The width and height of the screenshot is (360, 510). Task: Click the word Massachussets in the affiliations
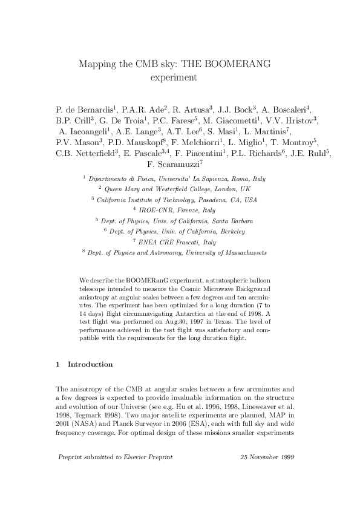click(240, 252)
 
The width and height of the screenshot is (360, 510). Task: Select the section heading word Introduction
click(90, 365)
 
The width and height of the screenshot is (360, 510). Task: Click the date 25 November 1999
click(267, 457)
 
